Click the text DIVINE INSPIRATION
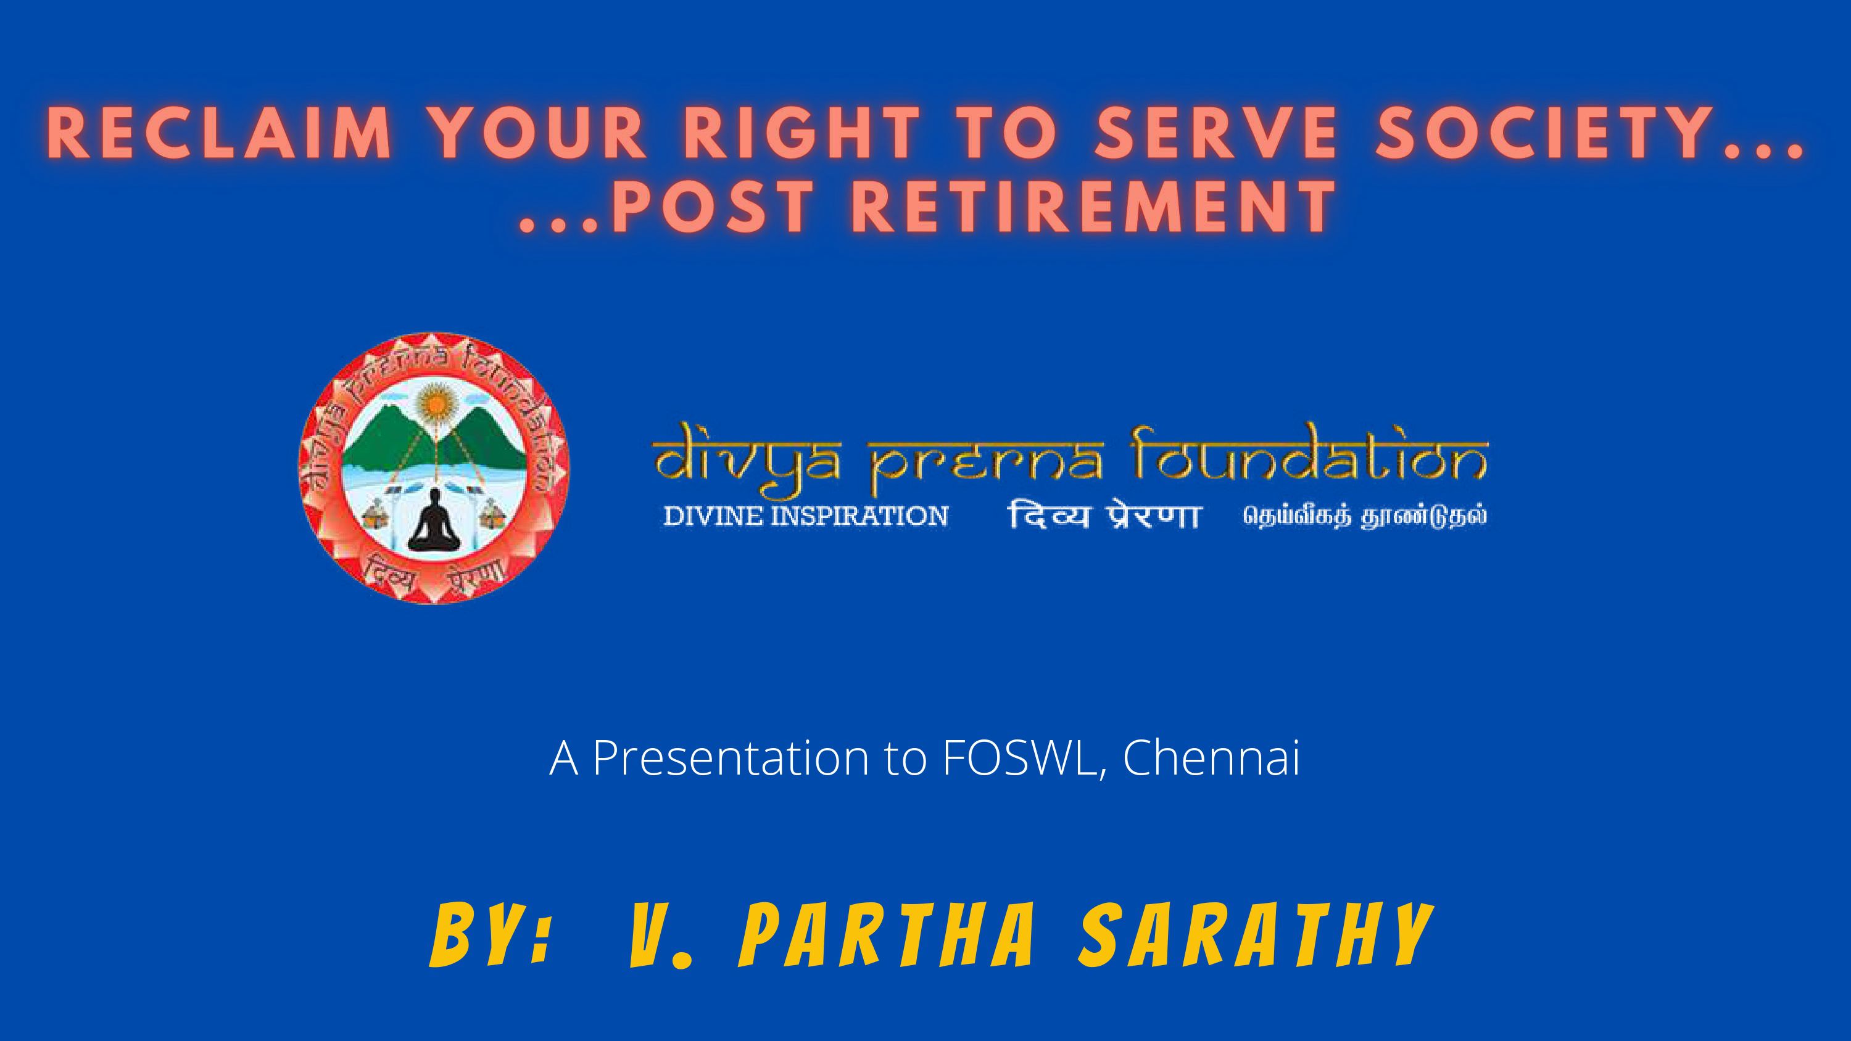point(805,516)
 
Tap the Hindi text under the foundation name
point(1103,516)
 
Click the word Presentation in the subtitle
point(731,757)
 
